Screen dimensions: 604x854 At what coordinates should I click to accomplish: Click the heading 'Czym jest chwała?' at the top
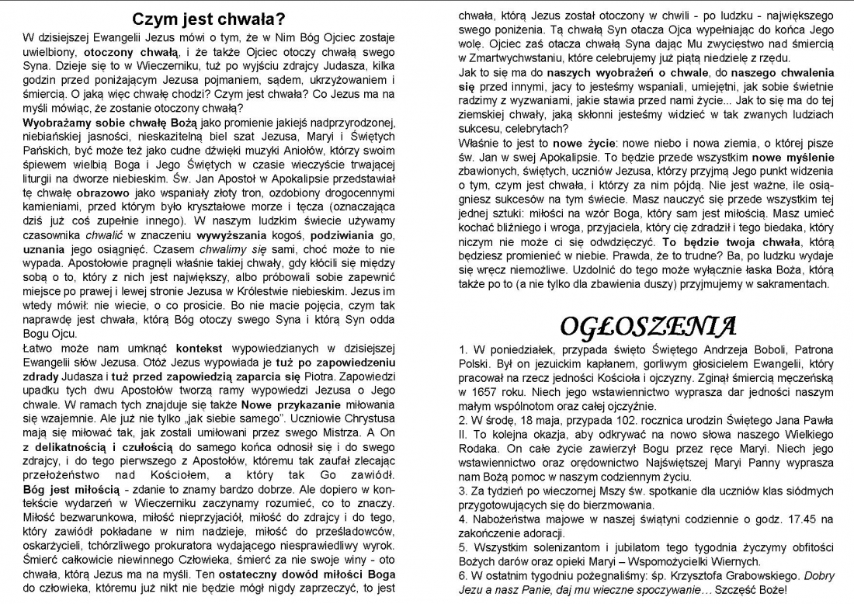click(x=207, y=19)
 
